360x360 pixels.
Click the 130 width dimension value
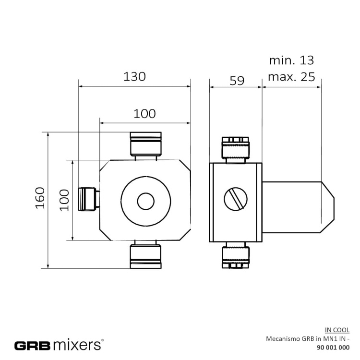pyautogui.click(x=134, y=76)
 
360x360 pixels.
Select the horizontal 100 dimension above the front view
pyautogui.click(x=144, y=113)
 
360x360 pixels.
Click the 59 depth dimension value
pyautogui.click(x=236, y=80)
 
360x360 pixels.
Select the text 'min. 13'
pyautogui.click(x=291, y=60)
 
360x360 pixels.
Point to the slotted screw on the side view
pyautogui.click(x=236, y=199)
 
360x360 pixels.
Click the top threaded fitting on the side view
pyautogui.click(x=235, y=149)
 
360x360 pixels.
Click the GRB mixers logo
pyautogui.click(x=59, y=345)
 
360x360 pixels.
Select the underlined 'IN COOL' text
pyautogui.click(x=337, y=330)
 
